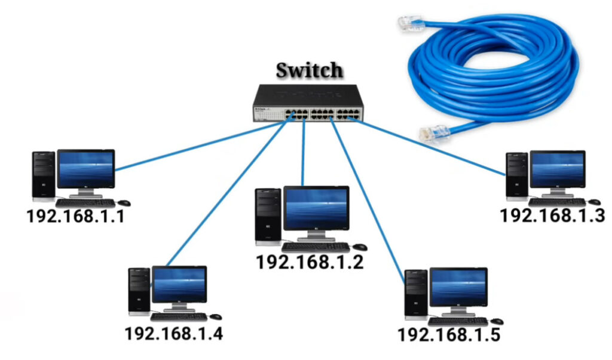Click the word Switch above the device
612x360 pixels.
pos(309,71)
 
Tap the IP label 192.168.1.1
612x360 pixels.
pos(76,216)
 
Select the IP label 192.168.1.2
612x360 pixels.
pos(310,261)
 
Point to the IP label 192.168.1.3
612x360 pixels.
pos(552,215)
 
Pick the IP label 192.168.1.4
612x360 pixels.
pos(174,334)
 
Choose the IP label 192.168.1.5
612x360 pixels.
pos(448,335)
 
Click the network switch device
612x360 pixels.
pos(308,103)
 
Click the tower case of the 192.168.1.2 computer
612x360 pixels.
pos(268,216)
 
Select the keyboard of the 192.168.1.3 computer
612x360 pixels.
pos(557,202)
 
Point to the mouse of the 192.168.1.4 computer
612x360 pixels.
pos(215,317)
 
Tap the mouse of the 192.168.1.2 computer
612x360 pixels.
pos(360,247)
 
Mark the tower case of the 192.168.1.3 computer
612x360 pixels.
pos(517,176)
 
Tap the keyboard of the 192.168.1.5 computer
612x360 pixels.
pos(458,322)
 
